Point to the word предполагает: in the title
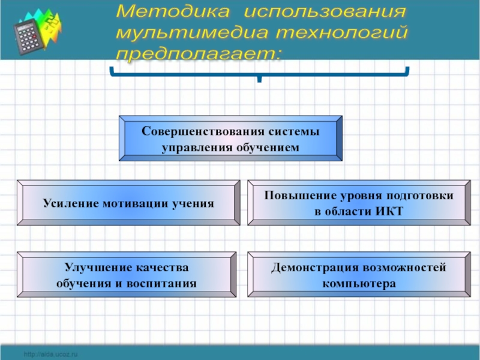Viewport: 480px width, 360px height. pos(198,53)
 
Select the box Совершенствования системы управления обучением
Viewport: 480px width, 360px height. pos(231,139)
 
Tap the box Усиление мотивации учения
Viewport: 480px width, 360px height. pos(128,203)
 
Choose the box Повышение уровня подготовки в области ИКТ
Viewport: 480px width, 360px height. pos(359,203)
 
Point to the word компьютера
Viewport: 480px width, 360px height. pos(359,283)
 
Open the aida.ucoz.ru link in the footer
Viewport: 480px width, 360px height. pos(51,355)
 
